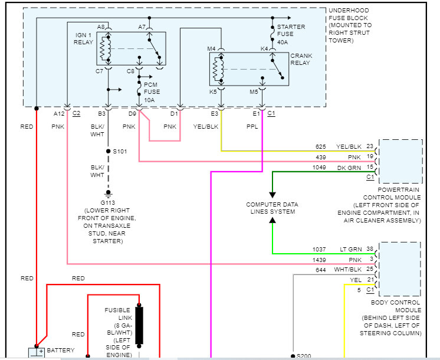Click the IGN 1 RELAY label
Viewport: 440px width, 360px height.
(x=83, y=38)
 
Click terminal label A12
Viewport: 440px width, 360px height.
(x=59, y=113)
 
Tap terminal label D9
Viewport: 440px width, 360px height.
(x=132, y=113)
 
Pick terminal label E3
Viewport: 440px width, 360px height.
(x=214, y=113)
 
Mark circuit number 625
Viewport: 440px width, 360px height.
(x=320, y=146)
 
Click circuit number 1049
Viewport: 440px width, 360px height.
(x=319, y=168)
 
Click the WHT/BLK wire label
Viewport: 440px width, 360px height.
(x=348, y=270)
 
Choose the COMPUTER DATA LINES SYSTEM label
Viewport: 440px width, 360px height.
(x=272, y=208)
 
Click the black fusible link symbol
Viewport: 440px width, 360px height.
(x=140, y=325)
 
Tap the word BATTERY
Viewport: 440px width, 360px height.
(x=61, y=350)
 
